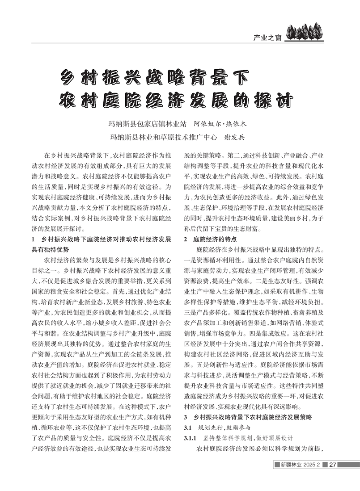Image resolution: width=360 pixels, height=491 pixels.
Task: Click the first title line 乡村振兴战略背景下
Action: point(156,76)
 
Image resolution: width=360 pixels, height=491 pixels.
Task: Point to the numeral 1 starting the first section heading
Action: point(34,239)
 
